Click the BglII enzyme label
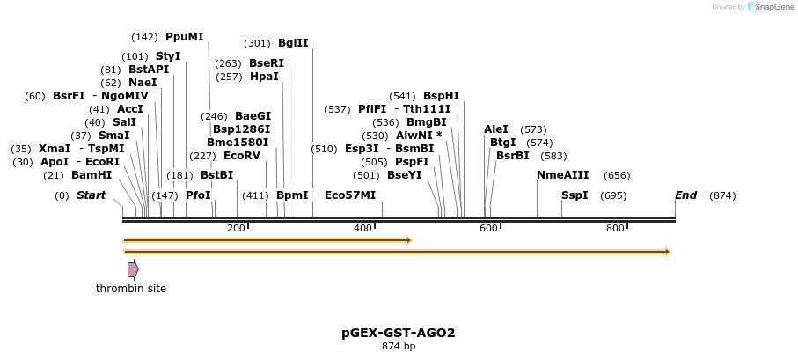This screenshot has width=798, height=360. (293, 42)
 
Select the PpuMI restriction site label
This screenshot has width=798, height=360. (184, 37)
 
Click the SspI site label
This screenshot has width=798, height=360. (575, 195)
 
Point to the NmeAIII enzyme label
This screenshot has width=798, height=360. (562, 174)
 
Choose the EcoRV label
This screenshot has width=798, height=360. (241, 155)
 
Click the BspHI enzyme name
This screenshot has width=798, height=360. (441, 96)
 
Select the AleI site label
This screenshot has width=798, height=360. (496, 129)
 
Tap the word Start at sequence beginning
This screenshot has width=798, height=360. (91, 195)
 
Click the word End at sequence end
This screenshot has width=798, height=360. (685, 195)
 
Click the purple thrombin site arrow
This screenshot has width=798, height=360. (133, 269)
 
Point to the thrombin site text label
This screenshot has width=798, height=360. (131, 288)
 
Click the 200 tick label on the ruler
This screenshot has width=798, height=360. (236, 229)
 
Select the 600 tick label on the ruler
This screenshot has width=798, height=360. (488, 229)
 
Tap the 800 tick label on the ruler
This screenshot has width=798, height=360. (615, 229)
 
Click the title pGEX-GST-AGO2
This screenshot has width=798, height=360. (399, 333)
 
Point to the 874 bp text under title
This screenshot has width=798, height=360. (399, 347)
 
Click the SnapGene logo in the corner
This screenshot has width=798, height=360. (753, 7)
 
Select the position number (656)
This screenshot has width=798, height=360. (617, 175)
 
